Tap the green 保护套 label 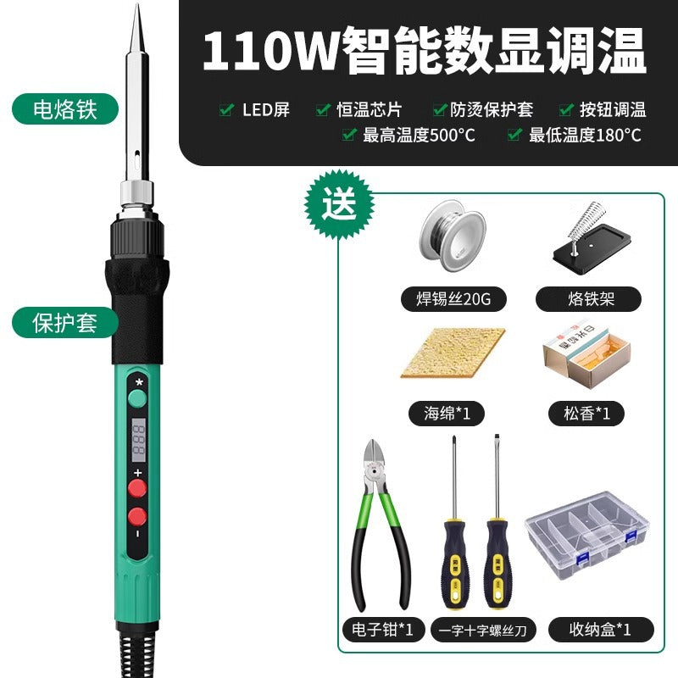coord(64,324)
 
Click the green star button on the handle coord(137,398)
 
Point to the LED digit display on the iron coord(137,438)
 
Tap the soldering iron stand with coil coord(588,242)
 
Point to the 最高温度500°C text coord(419,134)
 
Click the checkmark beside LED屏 coord(226,109)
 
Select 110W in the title coord(270,53)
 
